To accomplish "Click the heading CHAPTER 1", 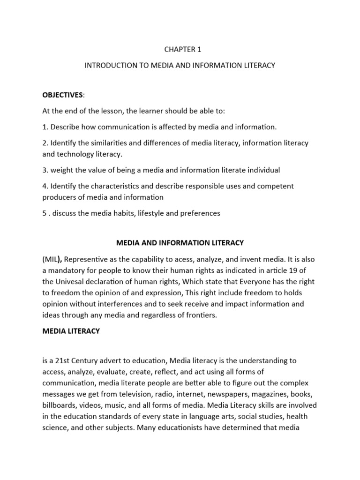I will click(x=180, y=49).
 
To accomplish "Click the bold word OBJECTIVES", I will click(x=63, y=95).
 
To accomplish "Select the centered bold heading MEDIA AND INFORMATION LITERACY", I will click(x=180, y=242).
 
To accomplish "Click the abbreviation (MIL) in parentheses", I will click(x=52, y=260).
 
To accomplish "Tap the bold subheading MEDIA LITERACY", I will click(x=71, y=331).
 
